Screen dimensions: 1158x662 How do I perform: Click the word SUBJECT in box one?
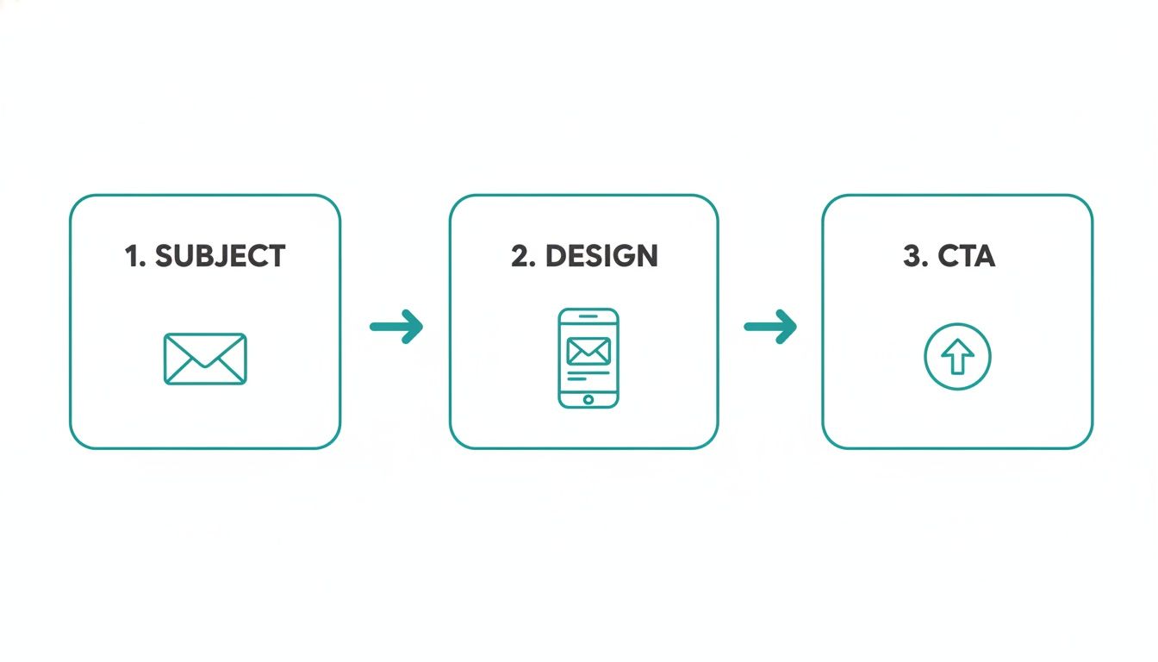point(220,256)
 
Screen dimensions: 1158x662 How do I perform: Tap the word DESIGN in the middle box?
point(601,256)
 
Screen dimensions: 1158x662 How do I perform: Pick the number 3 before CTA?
point(912,256)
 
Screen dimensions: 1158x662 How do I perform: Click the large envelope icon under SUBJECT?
point(205,359)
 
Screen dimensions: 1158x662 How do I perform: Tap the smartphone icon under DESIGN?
point(588,358)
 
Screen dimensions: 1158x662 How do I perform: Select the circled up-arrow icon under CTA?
point(957,357)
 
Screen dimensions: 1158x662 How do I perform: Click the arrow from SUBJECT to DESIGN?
point(397,327)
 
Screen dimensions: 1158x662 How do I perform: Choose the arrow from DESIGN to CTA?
point(770,327)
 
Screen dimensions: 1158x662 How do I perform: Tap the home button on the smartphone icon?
point(588,399)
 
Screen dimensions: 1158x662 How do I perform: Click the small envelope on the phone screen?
point(588,351)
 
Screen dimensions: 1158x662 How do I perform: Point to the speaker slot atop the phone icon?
point(588,315)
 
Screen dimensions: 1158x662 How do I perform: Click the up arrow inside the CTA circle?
point(957,357)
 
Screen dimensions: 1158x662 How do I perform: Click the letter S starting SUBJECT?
point(165,256)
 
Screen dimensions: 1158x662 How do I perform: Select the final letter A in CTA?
point(983,256)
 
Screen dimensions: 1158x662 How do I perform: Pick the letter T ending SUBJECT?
point(275,256)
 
